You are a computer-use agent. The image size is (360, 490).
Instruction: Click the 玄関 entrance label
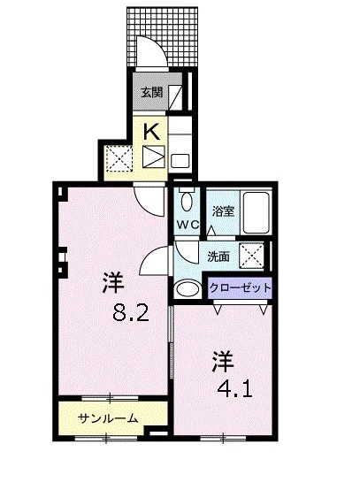151,92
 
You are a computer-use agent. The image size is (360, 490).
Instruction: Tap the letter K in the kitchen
153,132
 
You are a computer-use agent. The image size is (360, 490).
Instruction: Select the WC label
187,224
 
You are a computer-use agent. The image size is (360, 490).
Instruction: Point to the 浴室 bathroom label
222,211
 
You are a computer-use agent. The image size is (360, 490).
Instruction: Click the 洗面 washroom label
219,256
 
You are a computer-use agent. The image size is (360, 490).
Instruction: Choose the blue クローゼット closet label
240,288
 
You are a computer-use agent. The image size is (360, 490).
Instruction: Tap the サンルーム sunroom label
108,417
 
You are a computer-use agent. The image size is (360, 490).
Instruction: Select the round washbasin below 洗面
188,289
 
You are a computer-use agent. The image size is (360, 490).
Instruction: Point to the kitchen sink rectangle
180,161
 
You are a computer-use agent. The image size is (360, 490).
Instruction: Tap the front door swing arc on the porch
156,52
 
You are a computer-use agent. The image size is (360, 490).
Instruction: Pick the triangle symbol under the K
153,159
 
